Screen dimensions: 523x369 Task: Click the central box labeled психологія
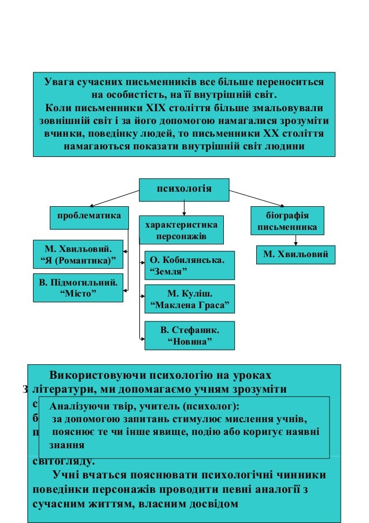(x=184, y=189)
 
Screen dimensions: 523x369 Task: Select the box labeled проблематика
(x=88, y=216)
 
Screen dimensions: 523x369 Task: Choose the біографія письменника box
(x=287, y=220)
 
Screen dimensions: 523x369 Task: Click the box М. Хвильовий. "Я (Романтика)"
(x=78, y=254)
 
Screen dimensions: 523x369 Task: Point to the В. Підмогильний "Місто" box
(x=78, y=288)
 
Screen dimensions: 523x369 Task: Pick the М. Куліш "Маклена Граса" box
(x=189, y=298)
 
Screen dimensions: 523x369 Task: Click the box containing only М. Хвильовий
(x=296, y=254)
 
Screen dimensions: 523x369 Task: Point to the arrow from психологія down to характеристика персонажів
(x=184, y=207)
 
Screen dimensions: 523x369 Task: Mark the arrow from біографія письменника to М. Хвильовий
(x=296, y=240)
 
